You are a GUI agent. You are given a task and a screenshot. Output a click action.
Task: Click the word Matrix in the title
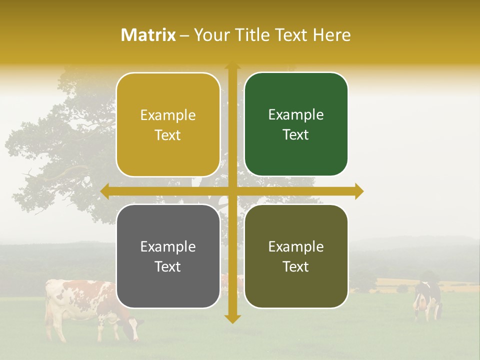pos(148,35)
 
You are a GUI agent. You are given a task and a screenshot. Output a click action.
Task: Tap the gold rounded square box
pos(168,125)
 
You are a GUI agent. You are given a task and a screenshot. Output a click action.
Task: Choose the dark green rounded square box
pos(296,124)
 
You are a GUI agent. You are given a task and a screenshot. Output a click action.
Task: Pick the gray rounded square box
pos(168,256)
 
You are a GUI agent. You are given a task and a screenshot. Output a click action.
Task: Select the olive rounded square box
pos(296,256)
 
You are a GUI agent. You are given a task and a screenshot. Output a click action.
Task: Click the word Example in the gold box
pos(168,115)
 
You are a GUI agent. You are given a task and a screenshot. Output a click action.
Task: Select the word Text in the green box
pos(296,135)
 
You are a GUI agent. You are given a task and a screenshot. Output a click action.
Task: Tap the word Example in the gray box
pos(168,246)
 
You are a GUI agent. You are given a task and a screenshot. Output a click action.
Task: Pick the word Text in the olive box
pos(296,266)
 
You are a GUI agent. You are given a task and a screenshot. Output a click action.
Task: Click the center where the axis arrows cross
pos(232,191)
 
